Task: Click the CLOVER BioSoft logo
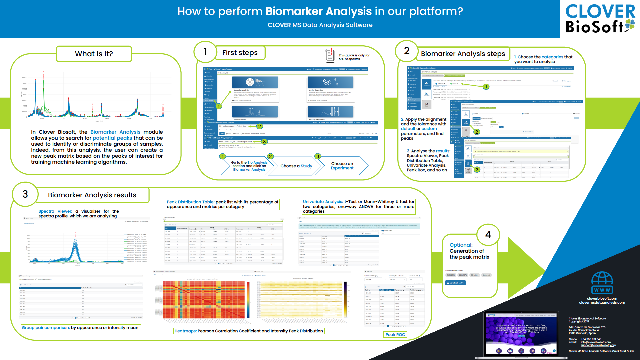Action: (x=600, y=19)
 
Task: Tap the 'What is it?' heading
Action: (x=94, y=54)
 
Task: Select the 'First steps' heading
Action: (x=240, y=53)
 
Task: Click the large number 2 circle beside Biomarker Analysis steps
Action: (x=407, y=51)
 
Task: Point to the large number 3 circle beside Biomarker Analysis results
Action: (x=25, y=194)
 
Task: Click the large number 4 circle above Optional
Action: (x=488, y=235)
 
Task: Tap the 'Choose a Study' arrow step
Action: (x=296, y=166)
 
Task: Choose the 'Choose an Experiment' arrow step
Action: (x=342, y=166)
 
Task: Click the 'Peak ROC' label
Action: (x=395, y=335)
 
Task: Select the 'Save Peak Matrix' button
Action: (x=455, y=283)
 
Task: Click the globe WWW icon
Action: (x=602, y=283)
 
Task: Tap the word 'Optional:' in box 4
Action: (x=461, y=245)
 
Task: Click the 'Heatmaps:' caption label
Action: (x=185, y=331)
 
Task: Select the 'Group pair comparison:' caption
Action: (x=46, y=328)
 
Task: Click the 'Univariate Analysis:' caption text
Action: (x=323, y=202)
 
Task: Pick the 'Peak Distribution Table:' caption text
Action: (x=190, y=202)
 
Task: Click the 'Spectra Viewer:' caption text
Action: (x=55, y=211)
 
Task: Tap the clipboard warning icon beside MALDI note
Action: (x=330, y=55)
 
